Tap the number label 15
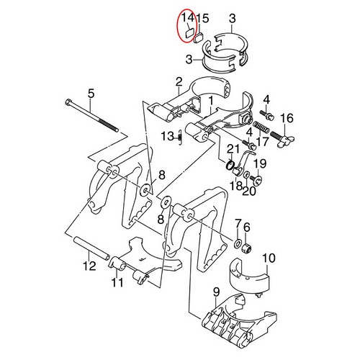204,18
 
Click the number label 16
286,119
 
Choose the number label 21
232,149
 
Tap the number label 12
88,266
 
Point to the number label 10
268,257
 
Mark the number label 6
246,227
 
